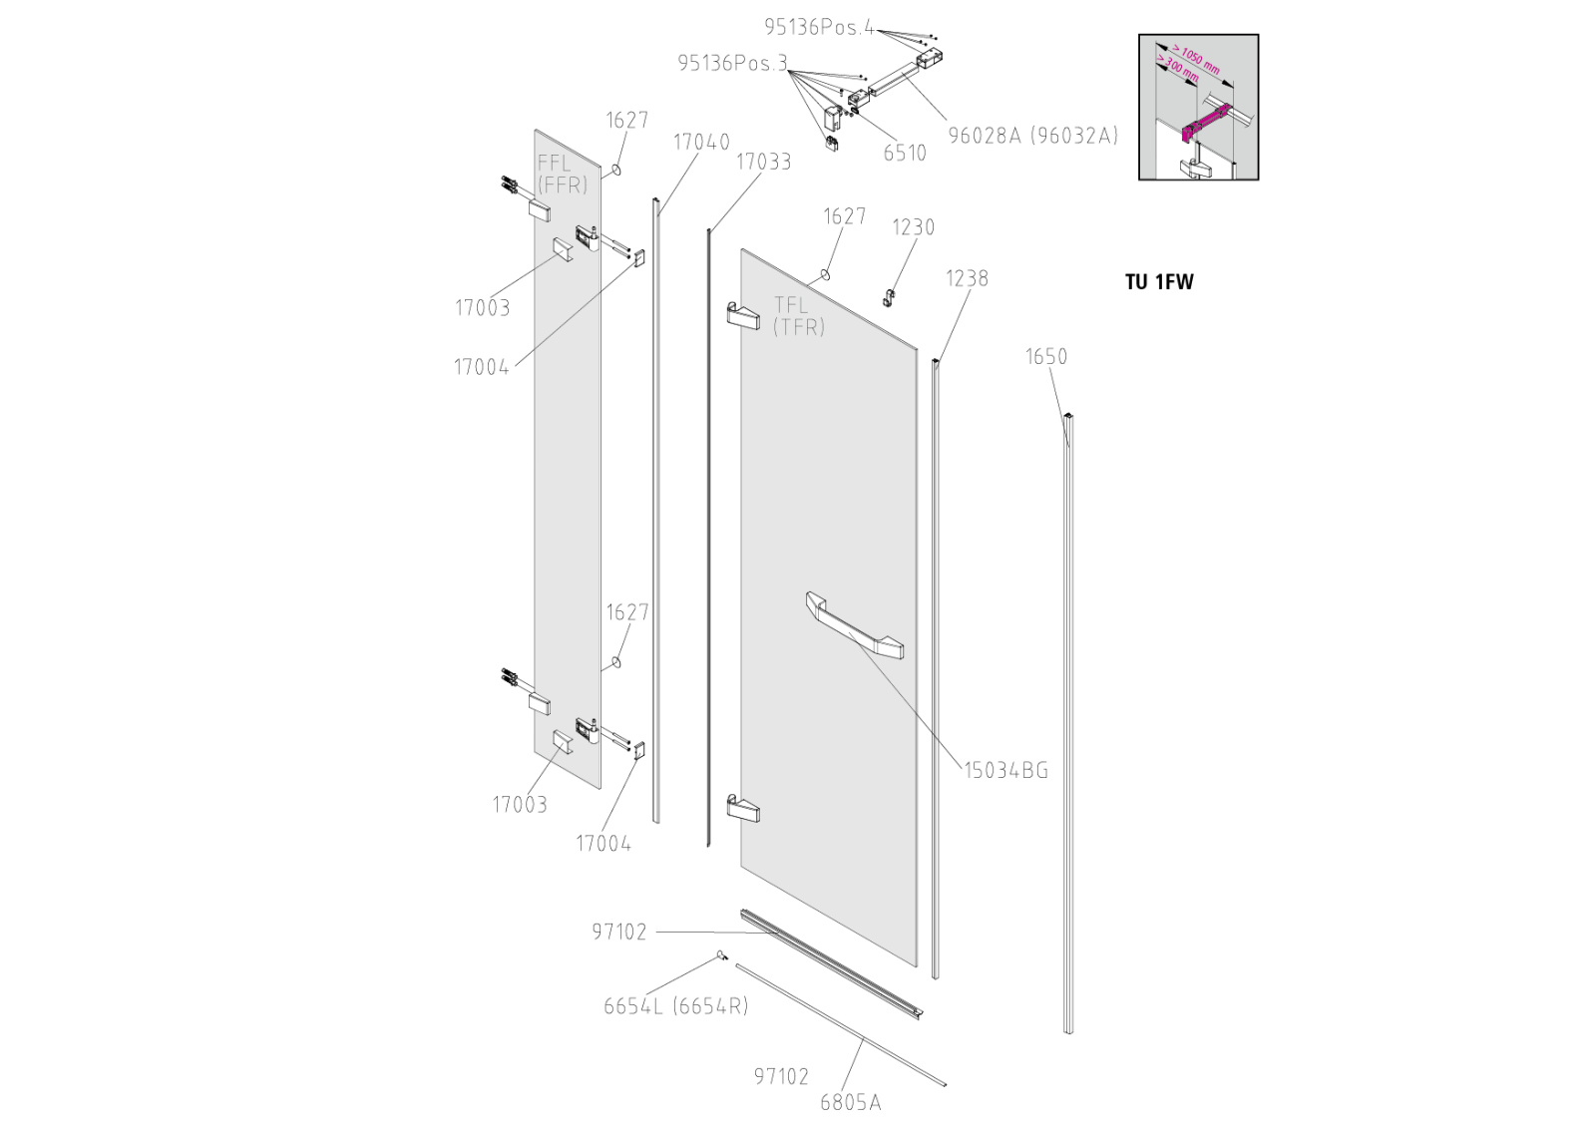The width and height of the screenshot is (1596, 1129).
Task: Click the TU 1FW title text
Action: pyautogui.click(x=1158, y=282)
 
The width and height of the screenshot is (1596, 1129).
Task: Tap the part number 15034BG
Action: pyautogui.click(x=1005, y=770)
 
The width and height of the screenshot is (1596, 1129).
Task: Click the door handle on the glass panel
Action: pyautogui.click(x=854, y=625)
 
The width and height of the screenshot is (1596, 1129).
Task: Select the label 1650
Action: pyautogui.click(x=1045, y=357)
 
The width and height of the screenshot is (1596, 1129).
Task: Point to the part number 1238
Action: pyautogui.click(x=967, y=278)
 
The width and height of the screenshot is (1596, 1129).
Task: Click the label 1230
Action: pyautogui.click(x=913, y=227)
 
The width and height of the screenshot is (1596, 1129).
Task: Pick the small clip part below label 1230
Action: pyautogui.click(x=887, y=296)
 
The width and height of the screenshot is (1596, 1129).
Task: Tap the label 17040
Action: pyautogui.click(x=701, y=143)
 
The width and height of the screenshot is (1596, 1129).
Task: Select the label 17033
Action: pyautogui.click(x=763, y=162)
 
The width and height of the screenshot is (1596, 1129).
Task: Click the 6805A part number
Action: pyautogui.click(x=850, y=1102)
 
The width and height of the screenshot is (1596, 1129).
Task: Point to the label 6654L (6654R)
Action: pyautogui.click(x=675, y=1006)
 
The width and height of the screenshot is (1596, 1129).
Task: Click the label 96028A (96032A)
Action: pyautogui.click(x=1032, y=136)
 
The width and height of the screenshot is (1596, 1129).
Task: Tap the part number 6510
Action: pyautogui.click(x=905, y=154)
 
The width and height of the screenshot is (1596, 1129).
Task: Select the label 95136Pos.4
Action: pyautogui.click(x=819, y=28)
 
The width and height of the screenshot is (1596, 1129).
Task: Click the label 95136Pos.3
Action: pyautogui.click(x=732, y=64)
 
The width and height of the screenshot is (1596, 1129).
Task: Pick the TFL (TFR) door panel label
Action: pyautogui.click(x=799, y=316)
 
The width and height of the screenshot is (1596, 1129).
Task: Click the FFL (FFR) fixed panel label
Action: pyautogui.click(x=562, y=175)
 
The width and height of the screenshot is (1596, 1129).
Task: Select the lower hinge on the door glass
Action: pyautogui.click(x=743, y=808)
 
